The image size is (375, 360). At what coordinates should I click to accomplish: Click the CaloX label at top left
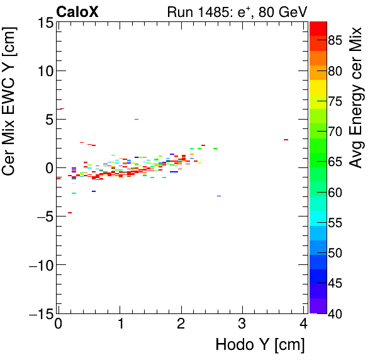point(77,11)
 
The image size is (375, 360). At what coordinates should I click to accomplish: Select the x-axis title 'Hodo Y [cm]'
point(260,345)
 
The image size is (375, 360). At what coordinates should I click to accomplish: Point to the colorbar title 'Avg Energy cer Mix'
point(357,98)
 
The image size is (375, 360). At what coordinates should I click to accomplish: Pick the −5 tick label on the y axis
point(42,217)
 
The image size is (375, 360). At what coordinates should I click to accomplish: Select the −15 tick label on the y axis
point(38,313)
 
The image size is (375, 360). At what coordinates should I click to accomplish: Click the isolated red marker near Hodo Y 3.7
point(286,140)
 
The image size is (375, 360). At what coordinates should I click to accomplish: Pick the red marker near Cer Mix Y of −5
point(70,213)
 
